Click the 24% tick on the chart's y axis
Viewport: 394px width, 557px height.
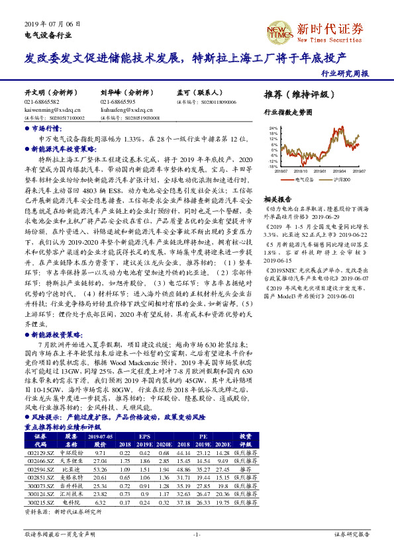273,128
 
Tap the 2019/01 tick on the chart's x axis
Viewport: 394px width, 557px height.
320,171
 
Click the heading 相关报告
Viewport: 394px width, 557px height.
277,199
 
